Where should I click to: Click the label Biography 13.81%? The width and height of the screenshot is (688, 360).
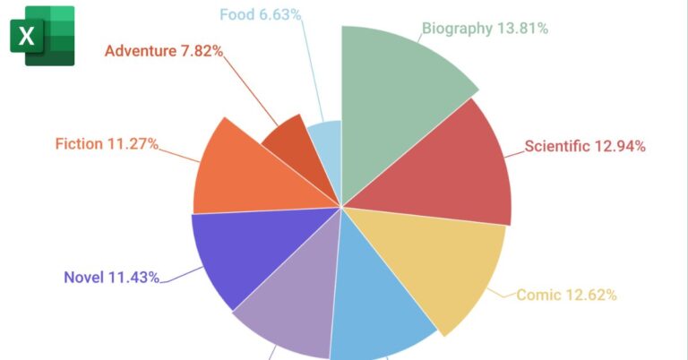485,28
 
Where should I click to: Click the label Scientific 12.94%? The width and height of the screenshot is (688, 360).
585,146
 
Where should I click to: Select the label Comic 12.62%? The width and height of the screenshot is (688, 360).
566,295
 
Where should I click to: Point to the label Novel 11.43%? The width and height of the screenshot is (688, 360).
111,277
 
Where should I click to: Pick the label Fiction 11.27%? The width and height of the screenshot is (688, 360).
107,143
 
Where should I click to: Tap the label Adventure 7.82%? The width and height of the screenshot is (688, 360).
163,51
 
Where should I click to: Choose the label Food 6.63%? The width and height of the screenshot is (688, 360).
260,15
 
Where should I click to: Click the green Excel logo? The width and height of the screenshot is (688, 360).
41,37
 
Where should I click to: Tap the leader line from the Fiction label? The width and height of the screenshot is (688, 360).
179,153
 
